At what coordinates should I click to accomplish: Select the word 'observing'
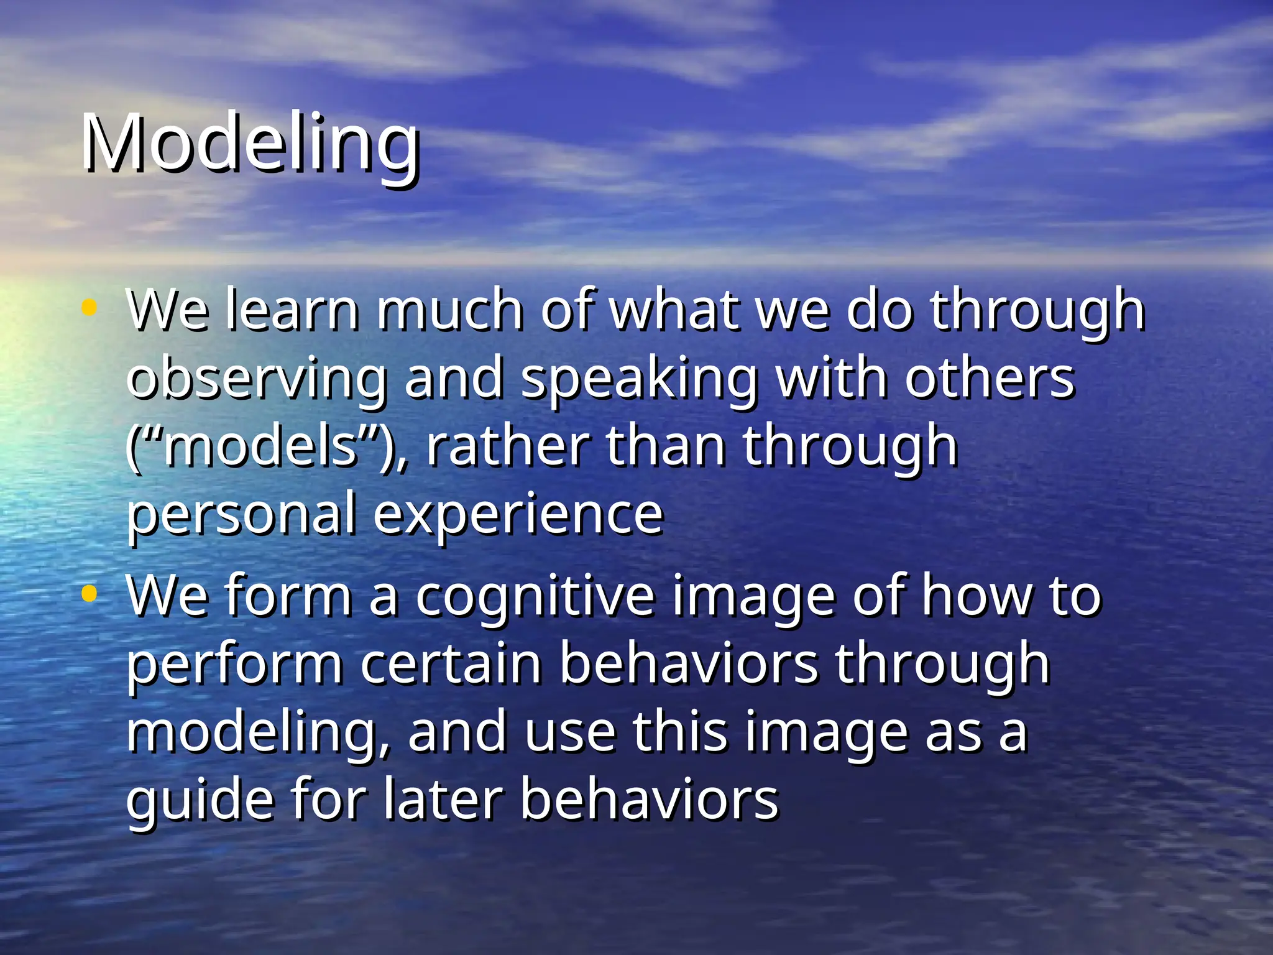pos(257,379)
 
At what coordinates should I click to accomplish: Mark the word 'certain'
pos(451,664)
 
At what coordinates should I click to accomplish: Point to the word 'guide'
pos(200,801)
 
